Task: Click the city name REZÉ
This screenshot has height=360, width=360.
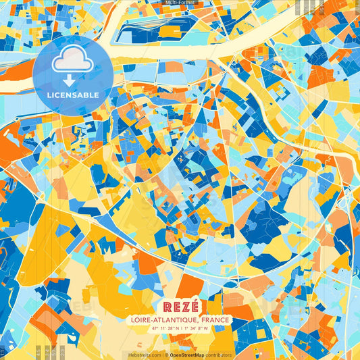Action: pyautogui.click(x=180, y=306)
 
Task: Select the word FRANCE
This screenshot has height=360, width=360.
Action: pyautogui.click(x=211, y=319)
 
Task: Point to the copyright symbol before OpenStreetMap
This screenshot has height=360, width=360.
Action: pyautogui.click(x=166, y=355)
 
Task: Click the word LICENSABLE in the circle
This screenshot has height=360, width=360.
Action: pyautogui.click(x=73, y=95)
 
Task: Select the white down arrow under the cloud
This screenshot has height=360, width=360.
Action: pyautogui.click(x=70, y=80)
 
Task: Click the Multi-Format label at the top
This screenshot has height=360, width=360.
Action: pyautogui.click(x=180, y=3)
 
